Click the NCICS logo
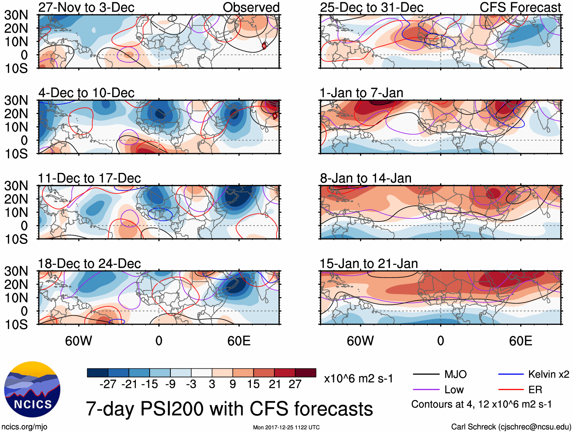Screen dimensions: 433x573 [32, 389]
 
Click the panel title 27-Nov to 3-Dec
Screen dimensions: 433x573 [86, 7]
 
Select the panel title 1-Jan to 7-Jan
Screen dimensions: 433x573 [361, 93]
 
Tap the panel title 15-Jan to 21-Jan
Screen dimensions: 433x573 [368, 263]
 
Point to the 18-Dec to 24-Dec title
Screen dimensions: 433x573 [89, 263]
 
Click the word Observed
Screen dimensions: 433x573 [251, 7]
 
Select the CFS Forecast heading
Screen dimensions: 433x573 [520, 7]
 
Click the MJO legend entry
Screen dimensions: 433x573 [455, 374]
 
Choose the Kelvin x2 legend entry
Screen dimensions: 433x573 [548, 374]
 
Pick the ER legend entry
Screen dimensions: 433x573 [535, 389]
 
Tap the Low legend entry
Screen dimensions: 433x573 [454, 389]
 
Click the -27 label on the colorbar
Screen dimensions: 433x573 [108, 384]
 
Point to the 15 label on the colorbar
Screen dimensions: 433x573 [253, 384]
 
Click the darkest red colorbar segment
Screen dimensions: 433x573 [305, 373]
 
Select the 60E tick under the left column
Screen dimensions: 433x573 [239, 341]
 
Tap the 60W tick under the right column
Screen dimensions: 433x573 [360, 341]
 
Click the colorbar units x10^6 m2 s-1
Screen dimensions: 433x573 [358, 378]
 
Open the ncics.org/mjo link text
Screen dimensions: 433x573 [24, 427]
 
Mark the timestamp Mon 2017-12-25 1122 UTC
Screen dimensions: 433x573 [286, 427]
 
